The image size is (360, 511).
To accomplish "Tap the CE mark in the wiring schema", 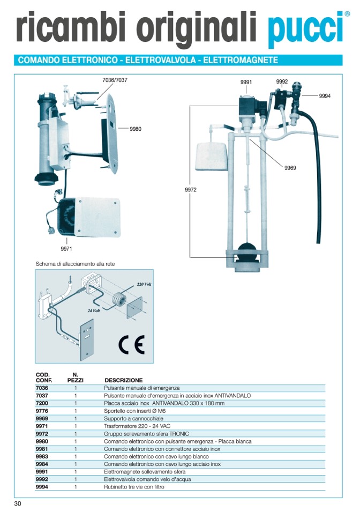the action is pyautogui.click(x=131, y=344).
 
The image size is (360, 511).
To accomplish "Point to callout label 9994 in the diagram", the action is pyautogui.click(x=325, y=96).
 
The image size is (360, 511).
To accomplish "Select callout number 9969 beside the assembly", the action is pyautogui.click(x=290, y=168).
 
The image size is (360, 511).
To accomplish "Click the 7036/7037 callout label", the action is pyautogui.click(x=115, y=80).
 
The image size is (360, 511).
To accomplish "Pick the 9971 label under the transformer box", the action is pyautogui.click(x=66, y=249).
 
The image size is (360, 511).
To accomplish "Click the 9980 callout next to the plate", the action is pyautogui.click(x=136, y=129).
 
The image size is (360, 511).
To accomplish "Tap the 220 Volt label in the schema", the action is pyautogui.click(x=144, y=284).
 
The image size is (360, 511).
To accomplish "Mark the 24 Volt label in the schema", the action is pyautogui.click(x=94, y=310).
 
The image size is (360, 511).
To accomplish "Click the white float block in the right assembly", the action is pyautogui.click(x=211, y=156).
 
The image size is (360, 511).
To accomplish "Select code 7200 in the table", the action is pyautogui.click(x=42, y=403).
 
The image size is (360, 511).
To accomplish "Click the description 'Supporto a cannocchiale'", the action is pyautogui.click(x=133, y=418).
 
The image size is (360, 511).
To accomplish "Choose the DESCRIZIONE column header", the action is pyautogui.click(x=124, y=380).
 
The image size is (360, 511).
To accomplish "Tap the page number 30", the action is pyautogui.click(x=18, y=503).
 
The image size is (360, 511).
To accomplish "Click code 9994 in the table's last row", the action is pyautogui.click(x=42, y=487).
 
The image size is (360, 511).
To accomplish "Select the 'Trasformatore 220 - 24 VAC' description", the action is pyautogui.click(x=137, y=426).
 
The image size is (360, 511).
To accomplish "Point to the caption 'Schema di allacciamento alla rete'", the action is pyautogui.click(x=75, y=264).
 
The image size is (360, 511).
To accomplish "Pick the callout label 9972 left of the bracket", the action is pyautogui.click(x=191, y=190).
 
